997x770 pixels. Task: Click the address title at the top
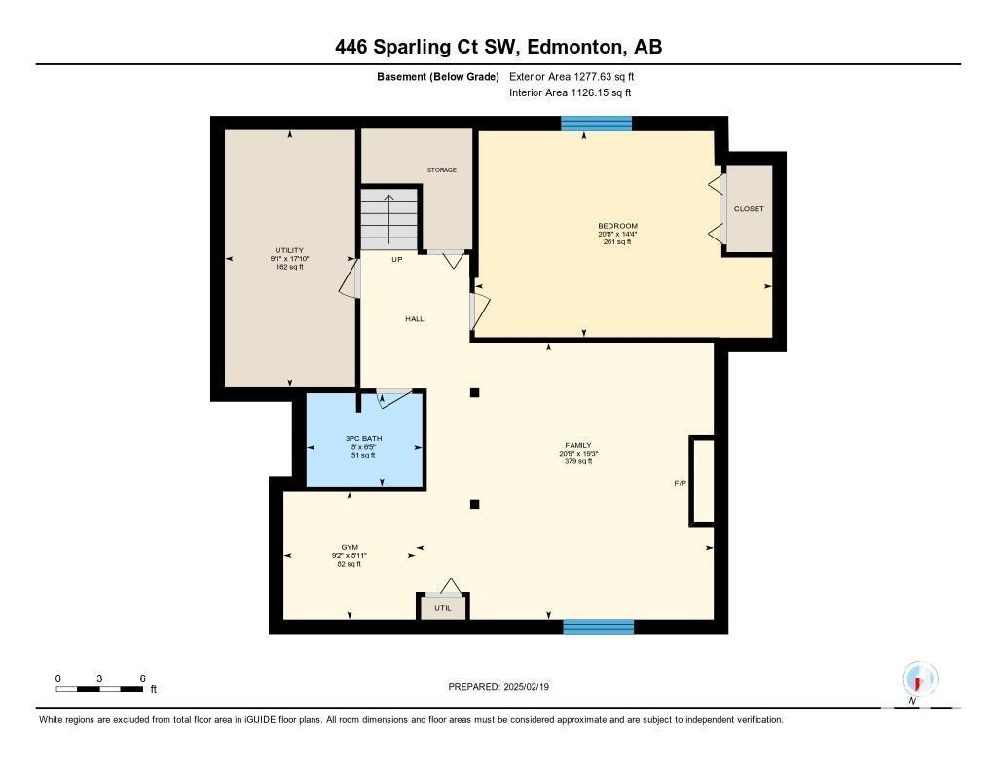point(498,47)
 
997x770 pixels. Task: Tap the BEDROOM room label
point(617,226)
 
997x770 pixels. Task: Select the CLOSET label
point(749,208)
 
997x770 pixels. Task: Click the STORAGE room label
point(442,170)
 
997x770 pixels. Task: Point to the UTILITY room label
point(289,250)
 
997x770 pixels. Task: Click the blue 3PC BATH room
point(365,439)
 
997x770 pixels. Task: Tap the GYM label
point(350,547)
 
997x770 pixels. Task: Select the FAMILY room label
point(578,445)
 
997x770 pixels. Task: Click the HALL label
point(415,319)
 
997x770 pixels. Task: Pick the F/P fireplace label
point(681,483)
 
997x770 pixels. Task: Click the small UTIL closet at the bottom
point(443,607)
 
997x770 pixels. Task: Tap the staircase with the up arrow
point(389,219)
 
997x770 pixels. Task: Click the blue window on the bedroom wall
point(597,124)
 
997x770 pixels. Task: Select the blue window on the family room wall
point(599,627)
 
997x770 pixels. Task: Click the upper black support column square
point(474,393)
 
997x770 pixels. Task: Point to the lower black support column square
point(474,505)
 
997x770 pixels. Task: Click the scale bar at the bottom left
point(100,689)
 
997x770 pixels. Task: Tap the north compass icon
point(919,679)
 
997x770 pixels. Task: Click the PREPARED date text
point(498,687)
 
